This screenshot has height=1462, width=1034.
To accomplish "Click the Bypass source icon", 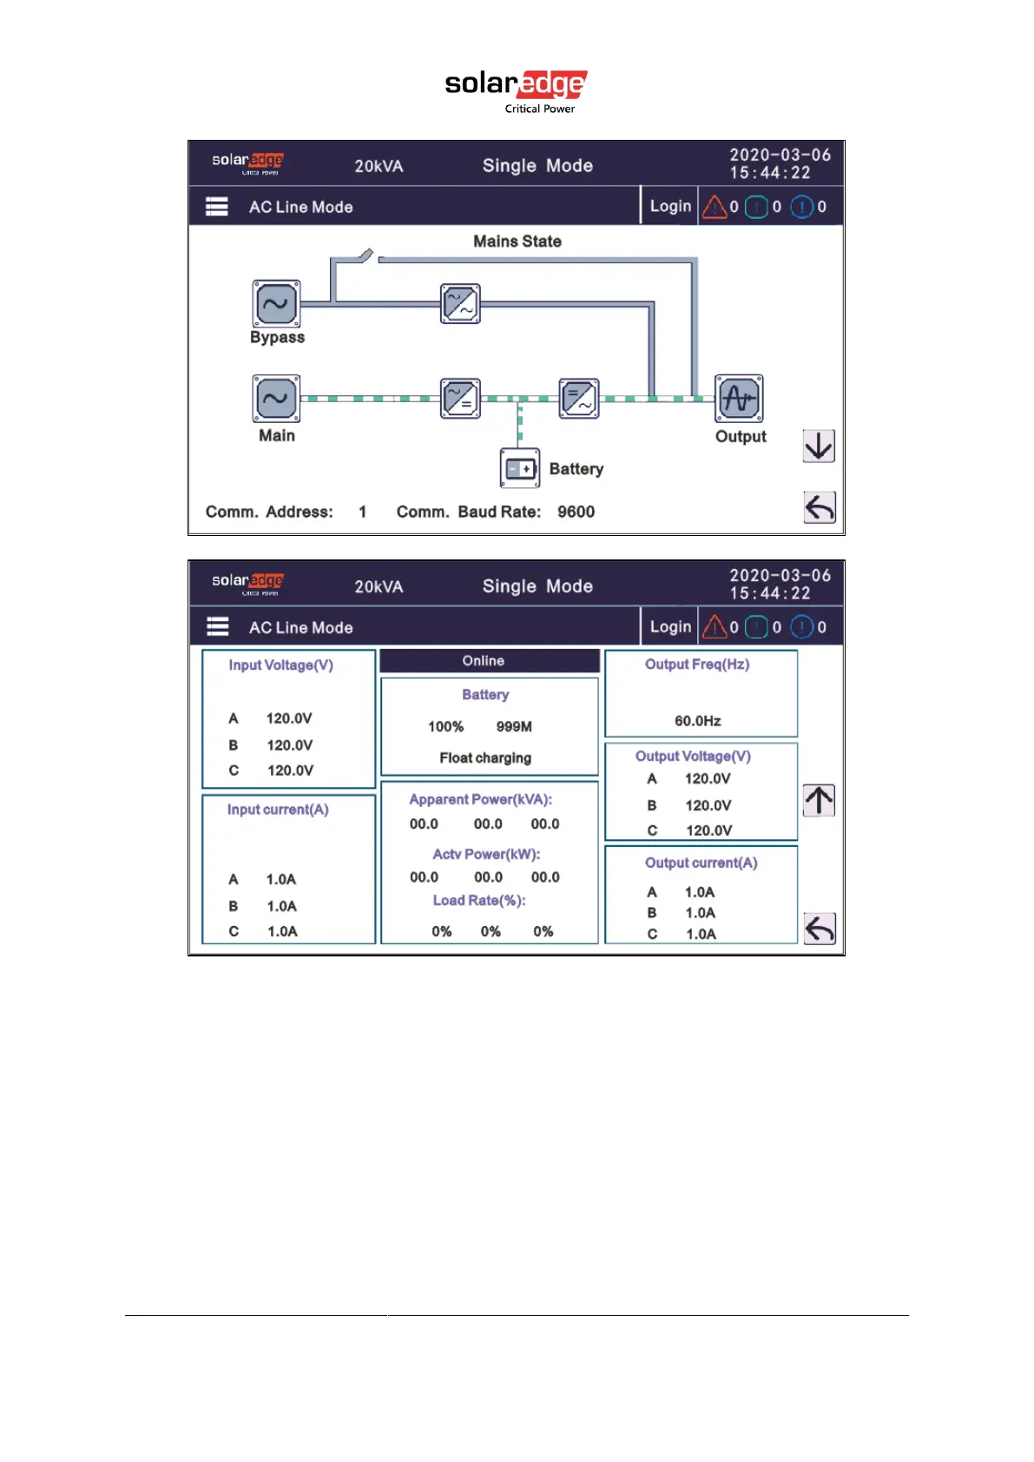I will click(276, 304).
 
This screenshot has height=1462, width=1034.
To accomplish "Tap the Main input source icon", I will click(276, 399).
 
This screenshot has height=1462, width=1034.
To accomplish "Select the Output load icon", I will click(739, 399).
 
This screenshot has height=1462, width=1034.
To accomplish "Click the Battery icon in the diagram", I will click(520, 468).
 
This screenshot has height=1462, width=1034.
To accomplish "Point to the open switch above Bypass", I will click(366, 255).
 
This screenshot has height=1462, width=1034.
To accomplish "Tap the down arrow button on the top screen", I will click(819, 446).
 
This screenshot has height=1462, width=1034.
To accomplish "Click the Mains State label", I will click(517, 241).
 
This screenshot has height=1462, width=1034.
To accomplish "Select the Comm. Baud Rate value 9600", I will click(576, 512).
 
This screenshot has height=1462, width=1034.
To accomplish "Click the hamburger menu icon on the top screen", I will click(217, 207).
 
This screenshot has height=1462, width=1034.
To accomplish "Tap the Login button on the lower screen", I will click(670, 626).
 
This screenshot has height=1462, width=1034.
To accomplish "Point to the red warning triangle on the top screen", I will click(715, 207).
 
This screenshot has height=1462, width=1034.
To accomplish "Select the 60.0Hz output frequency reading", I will click(698, 721).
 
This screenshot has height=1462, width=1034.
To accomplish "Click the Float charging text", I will click(485, 757).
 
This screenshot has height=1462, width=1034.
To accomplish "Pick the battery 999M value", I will click(514, 726).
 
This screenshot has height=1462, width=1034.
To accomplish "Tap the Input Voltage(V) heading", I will click(280, 665).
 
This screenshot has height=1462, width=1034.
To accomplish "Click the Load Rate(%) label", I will click(479, 900).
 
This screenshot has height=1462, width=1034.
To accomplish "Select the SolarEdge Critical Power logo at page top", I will click(517, 90).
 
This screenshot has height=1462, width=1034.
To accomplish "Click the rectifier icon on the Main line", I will click(460, 399).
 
